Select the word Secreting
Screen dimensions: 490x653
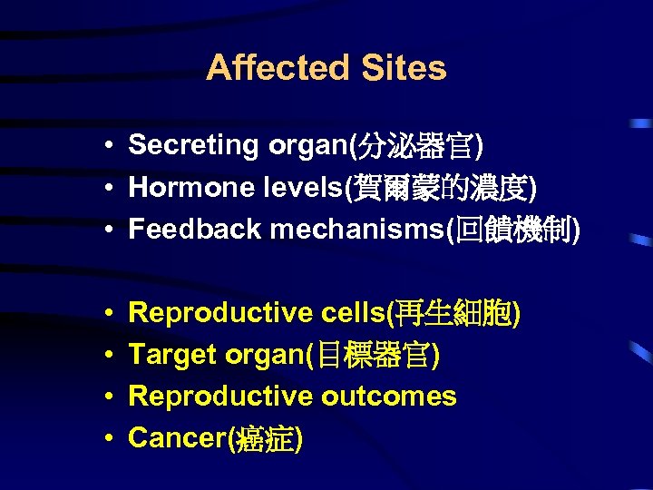[193, 145]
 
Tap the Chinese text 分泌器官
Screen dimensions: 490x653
[418, 145]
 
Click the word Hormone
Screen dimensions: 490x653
[185, 188]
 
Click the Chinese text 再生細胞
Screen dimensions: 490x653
[453, 313]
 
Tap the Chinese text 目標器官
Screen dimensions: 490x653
[375, 355]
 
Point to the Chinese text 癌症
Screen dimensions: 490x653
[264, 438]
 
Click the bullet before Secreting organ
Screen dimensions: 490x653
[108, 146]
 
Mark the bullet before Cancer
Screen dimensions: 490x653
[108, 439]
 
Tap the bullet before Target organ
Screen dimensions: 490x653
[108, 356]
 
